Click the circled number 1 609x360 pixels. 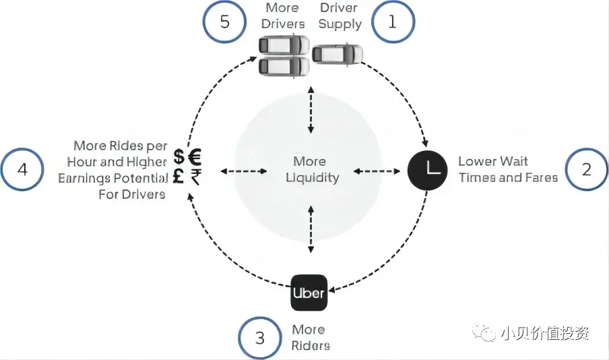[x=393, y=22]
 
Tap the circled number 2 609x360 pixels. [x=586, y=169]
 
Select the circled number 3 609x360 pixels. [x=260, y=338]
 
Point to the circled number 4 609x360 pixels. [x=22, y=169]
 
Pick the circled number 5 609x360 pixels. [x=224, y=22]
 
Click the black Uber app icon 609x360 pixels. [x=309, y=293]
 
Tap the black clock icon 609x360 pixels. [x=427, y=170]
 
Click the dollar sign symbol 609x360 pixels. [x=179, y=156]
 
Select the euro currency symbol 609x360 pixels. [x=195, y=156]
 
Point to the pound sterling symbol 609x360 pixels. [x=179, y=176]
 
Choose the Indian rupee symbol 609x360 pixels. [x=196, y=177]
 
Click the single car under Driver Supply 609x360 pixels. [x=337, y=54]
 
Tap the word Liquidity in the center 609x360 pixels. [x=313, y=178]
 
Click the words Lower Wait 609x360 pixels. [x=493, y=161]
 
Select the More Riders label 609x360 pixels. [x=311, y=337]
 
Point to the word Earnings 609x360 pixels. [x=83, y=178]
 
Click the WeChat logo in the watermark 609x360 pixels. [x=484, y=333]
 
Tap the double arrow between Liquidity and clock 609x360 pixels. [x=377, y=171]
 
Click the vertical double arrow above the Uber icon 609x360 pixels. [x=311, y=229]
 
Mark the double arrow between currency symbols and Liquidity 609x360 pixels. [x=244, y=171]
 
